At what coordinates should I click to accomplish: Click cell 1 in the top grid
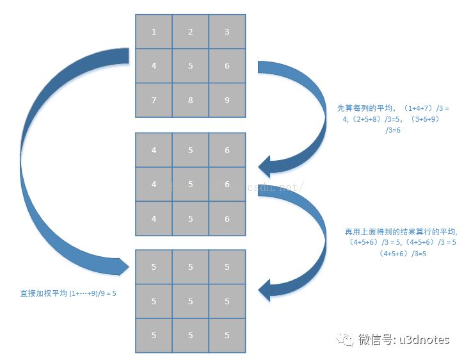coord(154,31)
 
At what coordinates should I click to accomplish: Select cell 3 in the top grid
coord(227,31)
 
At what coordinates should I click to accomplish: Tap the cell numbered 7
coord(154,100)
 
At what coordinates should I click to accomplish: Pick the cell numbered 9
coord(227,100)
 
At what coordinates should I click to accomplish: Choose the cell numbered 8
coord(191,100)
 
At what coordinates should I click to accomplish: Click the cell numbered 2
coord(191,31)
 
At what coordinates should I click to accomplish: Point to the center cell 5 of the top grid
coord(191,65)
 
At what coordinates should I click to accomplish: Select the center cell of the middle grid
coord(191,184)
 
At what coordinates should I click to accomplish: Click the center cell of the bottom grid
coord(191,301)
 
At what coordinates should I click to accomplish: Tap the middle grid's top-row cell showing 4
coord(154,150)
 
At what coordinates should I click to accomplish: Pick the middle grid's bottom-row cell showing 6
coord(227,218)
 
